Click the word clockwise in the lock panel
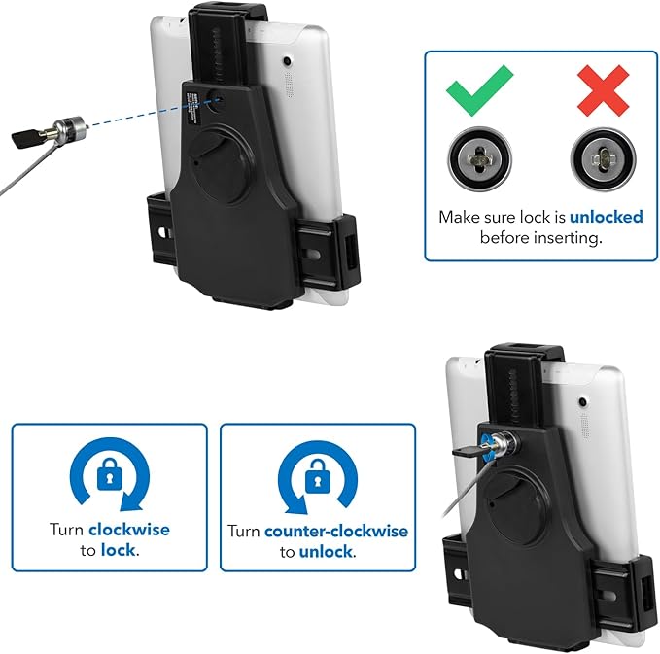coord(129,530)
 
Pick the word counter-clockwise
coord(336,532)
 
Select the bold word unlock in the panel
coord(326,552)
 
